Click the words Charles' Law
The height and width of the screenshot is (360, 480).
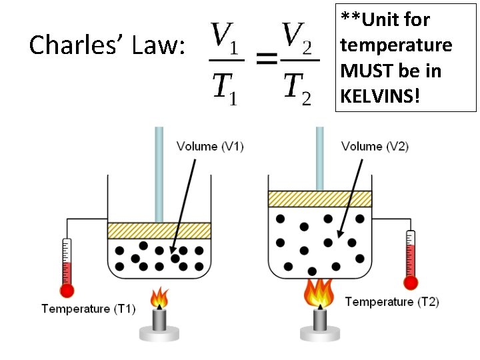[x=107, y=45]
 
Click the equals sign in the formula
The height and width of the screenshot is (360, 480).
[x=267, y=61]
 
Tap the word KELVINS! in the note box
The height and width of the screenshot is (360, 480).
[x=380, y=96]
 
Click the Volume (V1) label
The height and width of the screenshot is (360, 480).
[x=210, y=147]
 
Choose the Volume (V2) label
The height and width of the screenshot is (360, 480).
[x=375, y=147]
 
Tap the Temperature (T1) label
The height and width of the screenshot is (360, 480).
[x=88, y=309]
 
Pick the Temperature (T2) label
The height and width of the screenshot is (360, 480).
[x=392, y=302]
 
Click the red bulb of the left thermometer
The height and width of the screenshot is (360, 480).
[x=67, y=291]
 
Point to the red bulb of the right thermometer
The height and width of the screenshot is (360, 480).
[x=411, y=283]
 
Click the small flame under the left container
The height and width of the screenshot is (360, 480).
[x=159, y=298]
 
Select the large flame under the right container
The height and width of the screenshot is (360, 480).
[x=319, y=294]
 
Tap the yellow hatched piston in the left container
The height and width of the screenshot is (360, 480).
[x=159, y=231]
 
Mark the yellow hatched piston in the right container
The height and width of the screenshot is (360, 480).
[x=319, y=199]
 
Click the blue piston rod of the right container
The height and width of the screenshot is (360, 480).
[x=319, y=157]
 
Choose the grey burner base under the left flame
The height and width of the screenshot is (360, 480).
[x=159, y=331]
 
